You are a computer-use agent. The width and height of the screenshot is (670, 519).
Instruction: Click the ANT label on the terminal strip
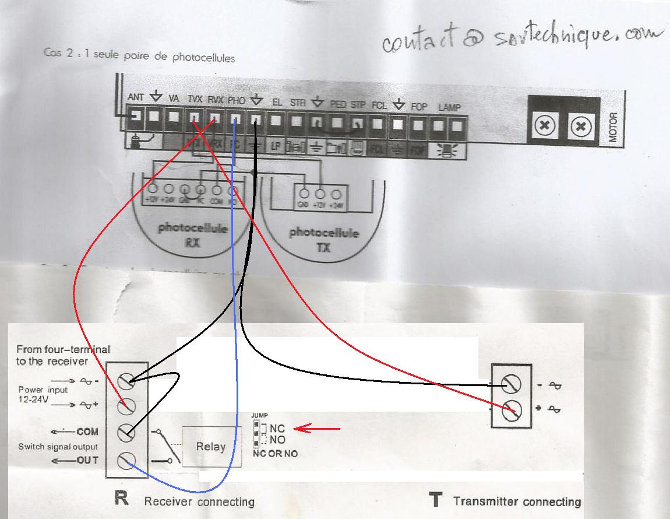pos(135,97)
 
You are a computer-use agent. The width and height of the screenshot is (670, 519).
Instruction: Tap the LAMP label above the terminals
pos(449,107)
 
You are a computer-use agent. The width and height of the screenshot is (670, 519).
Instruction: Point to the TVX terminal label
pos(195,100)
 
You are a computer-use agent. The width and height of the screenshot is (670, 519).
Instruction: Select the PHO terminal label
pos(236,101)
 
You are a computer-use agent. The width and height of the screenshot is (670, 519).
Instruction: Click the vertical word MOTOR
pos(612,127)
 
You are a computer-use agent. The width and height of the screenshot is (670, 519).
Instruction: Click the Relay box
pos(211,447)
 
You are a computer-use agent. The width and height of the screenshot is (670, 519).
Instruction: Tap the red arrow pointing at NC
pos(317,429)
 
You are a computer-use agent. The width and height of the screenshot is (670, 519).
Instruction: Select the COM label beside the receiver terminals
pos(87,432)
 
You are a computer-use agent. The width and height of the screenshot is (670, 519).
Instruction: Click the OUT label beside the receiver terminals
pos(87,461)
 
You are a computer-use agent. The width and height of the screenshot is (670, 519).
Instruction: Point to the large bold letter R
pos(122,500)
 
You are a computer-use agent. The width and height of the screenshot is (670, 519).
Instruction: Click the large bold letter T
pos(435,500)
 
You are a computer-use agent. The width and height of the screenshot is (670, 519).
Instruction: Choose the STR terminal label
pos(297,103)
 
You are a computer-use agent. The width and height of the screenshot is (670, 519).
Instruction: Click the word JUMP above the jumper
pos(259,415)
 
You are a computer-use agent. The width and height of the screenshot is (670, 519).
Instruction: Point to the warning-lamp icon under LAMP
pos(449,150)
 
